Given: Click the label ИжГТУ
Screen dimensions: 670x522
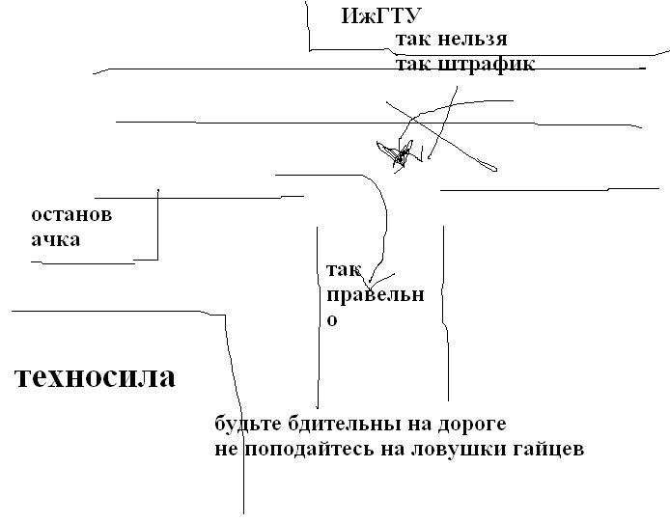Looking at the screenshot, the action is pyautogui.click(x=381, y=16).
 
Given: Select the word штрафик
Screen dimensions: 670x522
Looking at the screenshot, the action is pyautogui.click(x=487, y=65).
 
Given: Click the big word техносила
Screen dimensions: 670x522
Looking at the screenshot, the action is pyautogui.click(x=95, y=377).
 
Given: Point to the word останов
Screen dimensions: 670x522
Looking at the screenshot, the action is pyautogui.click(x=71, y=214).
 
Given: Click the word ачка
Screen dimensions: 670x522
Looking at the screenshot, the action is pyautogui.click(x=56, y=239).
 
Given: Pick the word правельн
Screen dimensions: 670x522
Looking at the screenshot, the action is pyautogui.click(x=376, y=295).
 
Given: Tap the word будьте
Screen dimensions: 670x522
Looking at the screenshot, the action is pyautogui.click(x=248, y=425).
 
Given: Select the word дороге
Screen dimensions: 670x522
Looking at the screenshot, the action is pyautogui.click(x=472, y=426).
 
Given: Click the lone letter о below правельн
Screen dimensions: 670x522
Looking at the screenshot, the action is pyautogui.click(x=332, y=320).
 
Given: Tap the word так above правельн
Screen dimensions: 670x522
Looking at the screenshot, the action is pyautogui.click(x=344, y=270).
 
